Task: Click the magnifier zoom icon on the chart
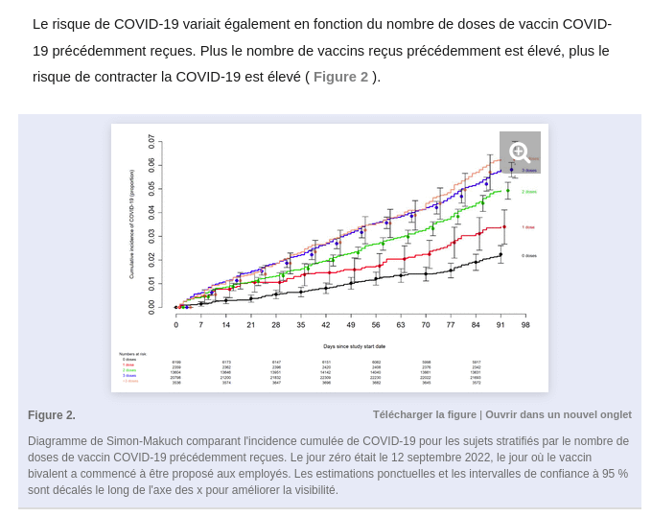(520, 152)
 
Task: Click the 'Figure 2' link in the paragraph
(340, 77)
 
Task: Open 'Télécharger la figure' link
(424, 414)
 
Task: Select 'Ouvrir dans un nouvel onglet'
(558, 414)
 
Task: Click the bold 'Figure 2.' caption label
(52, 415)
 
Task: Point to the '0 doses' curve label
(529, 255)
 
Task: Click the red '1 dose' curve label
(528, 227)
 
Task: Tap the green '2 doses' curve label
(529, 192)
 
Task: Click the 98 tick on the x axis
(525, 325)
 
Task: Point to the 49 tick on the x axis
(351, 325)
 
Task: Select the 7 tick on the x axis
(200, 325)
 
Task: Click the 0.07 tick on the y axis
(151, 140)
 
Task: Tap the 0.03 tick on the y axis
(151, 236)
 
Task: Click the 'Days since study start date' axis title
(354, 345)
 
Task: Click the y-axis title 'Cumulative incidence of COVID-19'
(131, 224)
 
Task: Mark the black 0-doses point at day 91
(501, 254)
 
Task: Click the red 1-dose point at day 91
(504, 227)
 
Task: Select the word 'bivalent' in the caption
(51, 474)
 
